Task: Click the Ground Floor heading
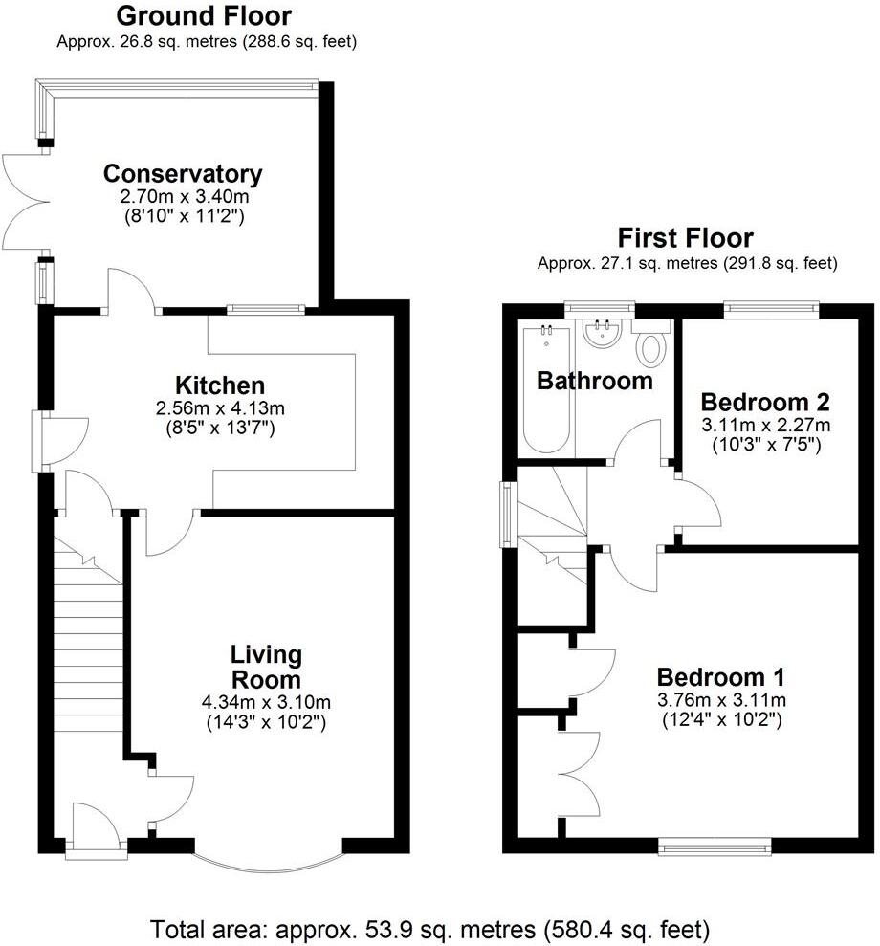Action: tap(204, 16)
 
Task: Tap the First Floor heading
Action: tap(686, 237)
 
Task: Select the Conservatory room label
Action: tap(183, 174)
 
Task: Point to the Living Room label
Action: tap(266, 668)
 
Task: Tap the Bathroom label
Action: tap(594, 381)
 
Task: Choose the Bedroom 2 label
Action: tap(764, 401)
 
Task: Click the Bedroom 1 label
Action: tap(722, 677)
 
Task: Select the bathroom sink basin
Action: tap(603, 334)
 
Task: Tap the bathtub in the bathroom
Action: tap(545, 392)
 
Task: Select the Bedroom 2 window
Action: tap(772, 308)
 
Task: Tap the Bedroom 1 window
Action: tap(714, 845)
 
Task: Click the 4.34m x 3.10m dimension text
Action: tap(266, 703)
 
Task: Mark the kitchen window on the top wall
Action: tap(266, 308)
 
